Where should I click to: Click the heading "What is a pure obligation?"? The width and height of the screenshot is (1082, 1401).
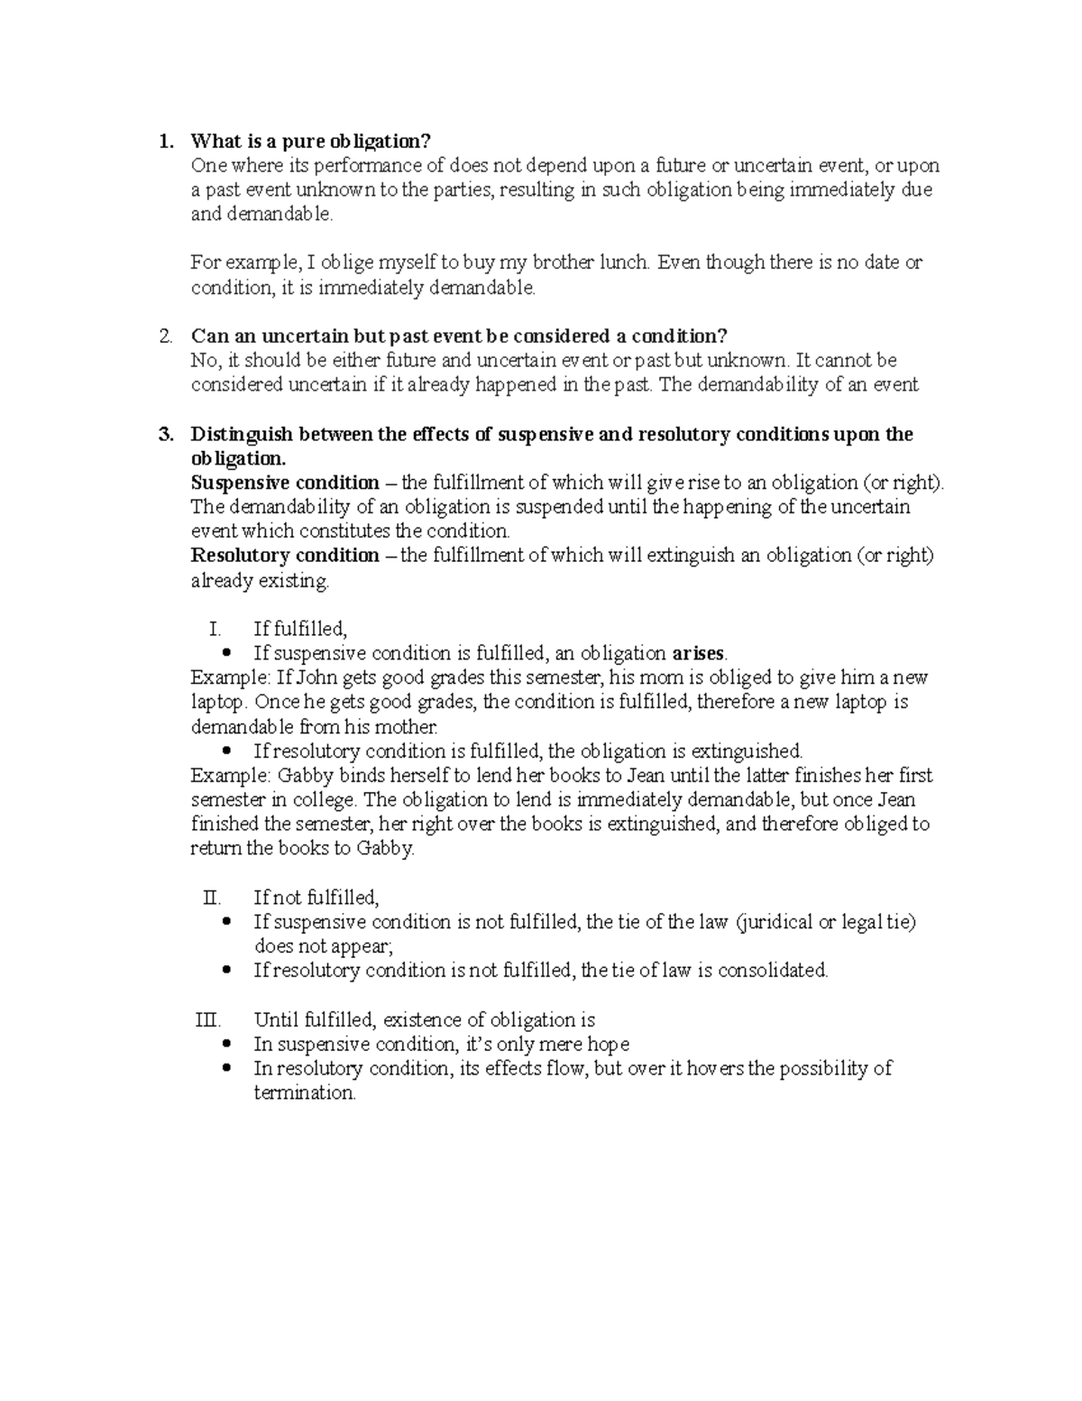(x=311, y=142)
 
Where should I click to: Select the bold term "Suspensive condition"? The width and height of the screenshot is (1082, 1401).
(x=285, y=483)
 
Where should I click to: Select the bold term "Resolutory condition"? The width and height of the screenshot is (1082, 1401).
(x=285, y=556)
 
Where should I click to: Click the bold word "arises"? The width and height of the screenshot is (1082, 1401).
(x=699, y=653)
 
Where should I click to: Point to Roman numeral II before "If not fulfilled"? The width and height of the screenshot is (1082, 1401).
(x=212, y=898)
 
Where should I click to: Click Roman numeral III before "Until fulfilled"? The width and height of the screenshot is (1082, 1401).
(x=207, y=1020)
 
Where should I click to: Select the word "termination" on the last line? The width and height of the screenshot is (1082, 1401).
(x=305, y=1092)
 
